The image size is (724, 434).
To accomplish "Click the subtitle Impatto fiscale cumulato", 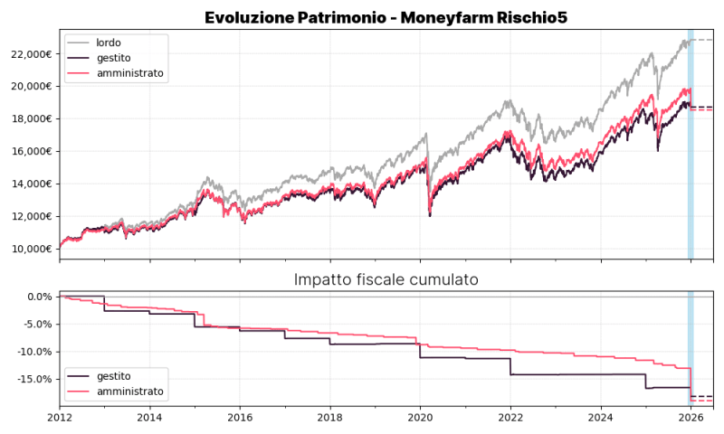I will [x=386, y=279].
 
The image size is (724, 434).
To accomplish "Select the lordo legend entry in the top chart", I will [x=108, y=42].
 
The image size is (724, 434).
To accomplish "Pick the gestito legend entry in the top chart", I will [x=113, y=58].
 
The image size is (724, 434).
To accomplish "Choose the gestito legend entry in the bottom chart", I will [x=113, y=375].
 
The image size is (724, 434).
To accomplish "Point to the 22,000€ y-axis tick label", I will [x=29, y=54].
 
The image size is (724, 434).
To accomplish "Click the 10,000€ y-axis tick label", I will [x=29, y=249].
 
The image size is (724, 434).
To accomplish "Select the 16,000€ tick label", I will [x=29, y=151].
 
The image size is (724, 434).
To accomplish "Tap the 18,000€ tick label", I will [x=29, y=118].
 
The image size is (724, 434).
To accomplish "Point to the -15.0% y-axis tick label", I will [x=35, y=379].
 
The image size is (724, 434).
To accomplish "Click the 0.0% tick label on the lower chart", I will [x=40, y=297].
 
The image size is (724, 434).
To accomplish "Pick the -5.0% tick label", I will [x=38, y=324].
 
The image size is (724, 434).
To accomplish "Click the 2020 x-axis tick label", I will [x=421, y=418].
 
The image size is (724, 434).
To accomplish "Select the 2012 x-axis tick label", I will [x=60, y=418].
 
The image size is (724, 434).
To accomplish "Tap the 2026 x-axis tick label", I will [x=691, y=418].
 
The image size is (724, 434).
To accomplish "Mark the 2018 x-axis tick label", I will [x=330, y=418].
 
